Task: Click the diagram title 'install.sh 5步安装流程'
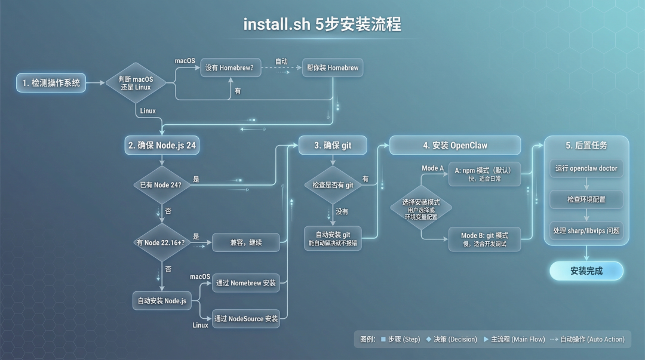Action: [322, 24]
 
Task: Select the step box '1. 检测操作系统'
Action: [51, 83]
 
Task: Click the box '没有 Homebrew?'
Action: [229, 67]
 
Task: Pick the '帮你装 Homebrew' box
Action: [333, 67]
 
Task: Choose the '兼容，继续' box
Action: [246, 242]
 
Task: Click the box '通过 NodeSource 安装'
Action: [246, 318]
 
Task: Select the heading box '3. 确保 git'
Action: [333, 145]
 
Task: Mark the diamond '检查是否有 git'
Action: [333, 185]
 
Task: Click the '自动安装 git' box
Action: [333, 238]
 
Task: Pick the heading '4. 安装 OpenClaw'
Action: [455, 145]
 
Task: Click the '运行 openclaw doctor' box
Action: [586, 168]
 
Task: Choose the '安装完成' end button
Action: [586, 270]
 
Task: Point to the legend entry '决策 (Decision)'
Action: [451, 339]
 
